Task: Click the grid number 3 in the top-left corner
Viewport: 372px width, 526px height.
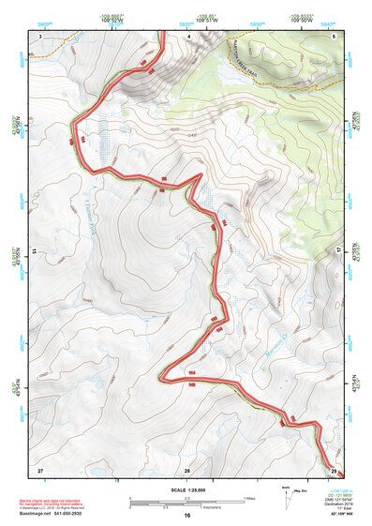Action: pyautogui.click(x=40, y=35)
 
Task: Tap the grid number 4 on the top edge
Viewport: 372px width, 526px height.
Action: pyautogui.click(x=188, y=35)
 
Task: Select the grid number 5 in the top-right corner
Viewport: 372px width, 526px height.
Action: pyautogui.click(x=335, y=35)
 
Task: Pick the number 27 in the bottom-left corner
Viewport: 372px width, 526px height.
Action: pyautogui.click(x=40, y=468)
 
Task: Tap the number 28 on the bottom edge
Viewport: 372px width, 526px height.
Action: pyautogui.click(x=187, y=468)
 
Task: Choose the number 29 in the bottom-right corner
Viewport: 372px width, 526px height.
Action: pyautogui.click(x=334, y=468)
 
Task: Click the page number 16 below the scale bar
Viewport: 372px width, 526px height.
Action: pyautogui.click(x=187, y=516)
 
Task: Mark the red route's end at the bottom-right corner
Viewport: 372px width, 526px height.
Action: pyautogui.click(x=339, y=473)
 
